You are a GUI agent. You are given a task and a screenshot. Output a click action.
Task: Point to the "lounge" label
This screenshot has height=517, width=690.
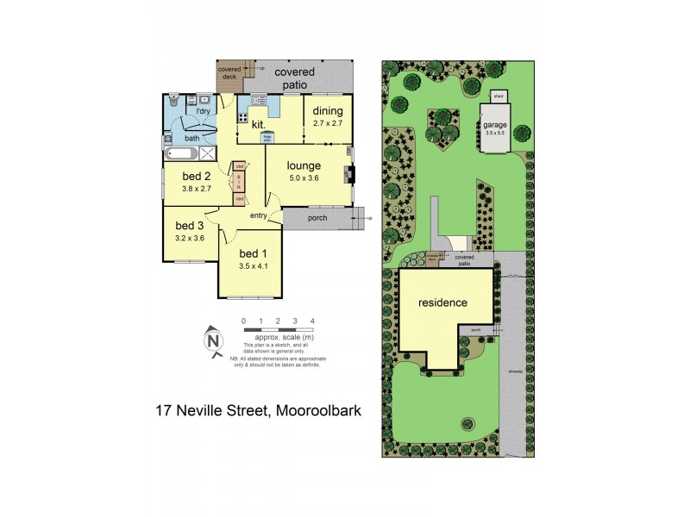305,165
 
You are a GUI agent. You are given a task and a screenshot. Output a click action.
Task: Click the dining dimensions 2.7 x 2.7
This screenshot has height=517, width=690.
327,123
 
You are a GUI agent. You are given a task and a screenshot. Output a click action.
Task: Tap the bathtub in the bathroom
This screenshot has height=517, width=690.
181,154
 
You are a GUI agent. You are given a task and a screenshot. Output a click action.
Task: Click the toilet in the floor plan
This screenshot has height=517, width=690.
172,100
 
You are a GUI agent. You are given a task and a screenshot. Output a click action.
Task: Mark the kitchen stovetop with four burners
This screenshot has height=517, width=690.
243,118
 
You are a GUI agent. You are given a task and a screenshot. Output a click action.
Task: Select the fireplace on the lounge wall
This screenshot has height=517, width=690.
349,174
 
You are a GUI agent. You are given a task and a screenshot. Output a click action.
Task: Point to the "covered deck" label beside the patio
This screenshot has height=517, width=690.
229,72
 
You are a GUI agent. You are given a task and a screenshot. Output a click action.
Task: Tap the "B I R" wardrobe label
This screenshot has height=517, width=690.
239,181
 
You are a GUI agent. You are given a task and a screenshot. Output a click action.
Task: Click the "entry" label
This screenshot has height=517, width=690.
259,215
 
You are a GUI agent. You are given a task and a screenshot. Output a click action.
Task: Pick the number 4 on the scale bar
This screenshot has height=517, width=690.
312,321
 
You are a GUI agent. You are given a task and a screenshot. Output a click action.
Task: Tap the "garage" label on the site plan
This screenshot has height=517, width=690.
494,124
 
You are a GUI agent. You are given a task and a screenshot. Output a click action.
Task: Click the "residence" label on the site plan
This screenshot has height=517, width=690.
442,302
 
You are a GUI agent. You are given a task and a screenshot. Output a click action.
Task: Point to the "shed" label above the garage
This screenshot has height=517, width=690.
498,97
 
